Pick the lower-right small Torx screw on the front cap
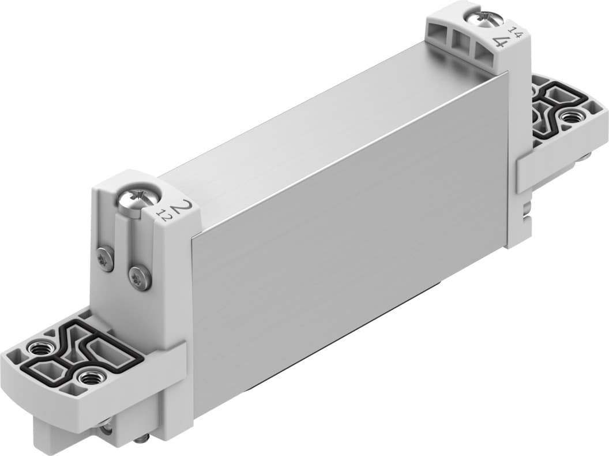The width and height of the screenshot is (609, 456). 140,279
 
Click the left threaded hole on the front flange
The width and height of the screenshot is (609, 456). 39,349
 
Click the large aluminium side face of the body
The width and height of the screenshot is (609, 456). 346,242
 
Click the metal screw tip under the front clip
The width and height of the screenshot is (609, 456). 142,440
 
